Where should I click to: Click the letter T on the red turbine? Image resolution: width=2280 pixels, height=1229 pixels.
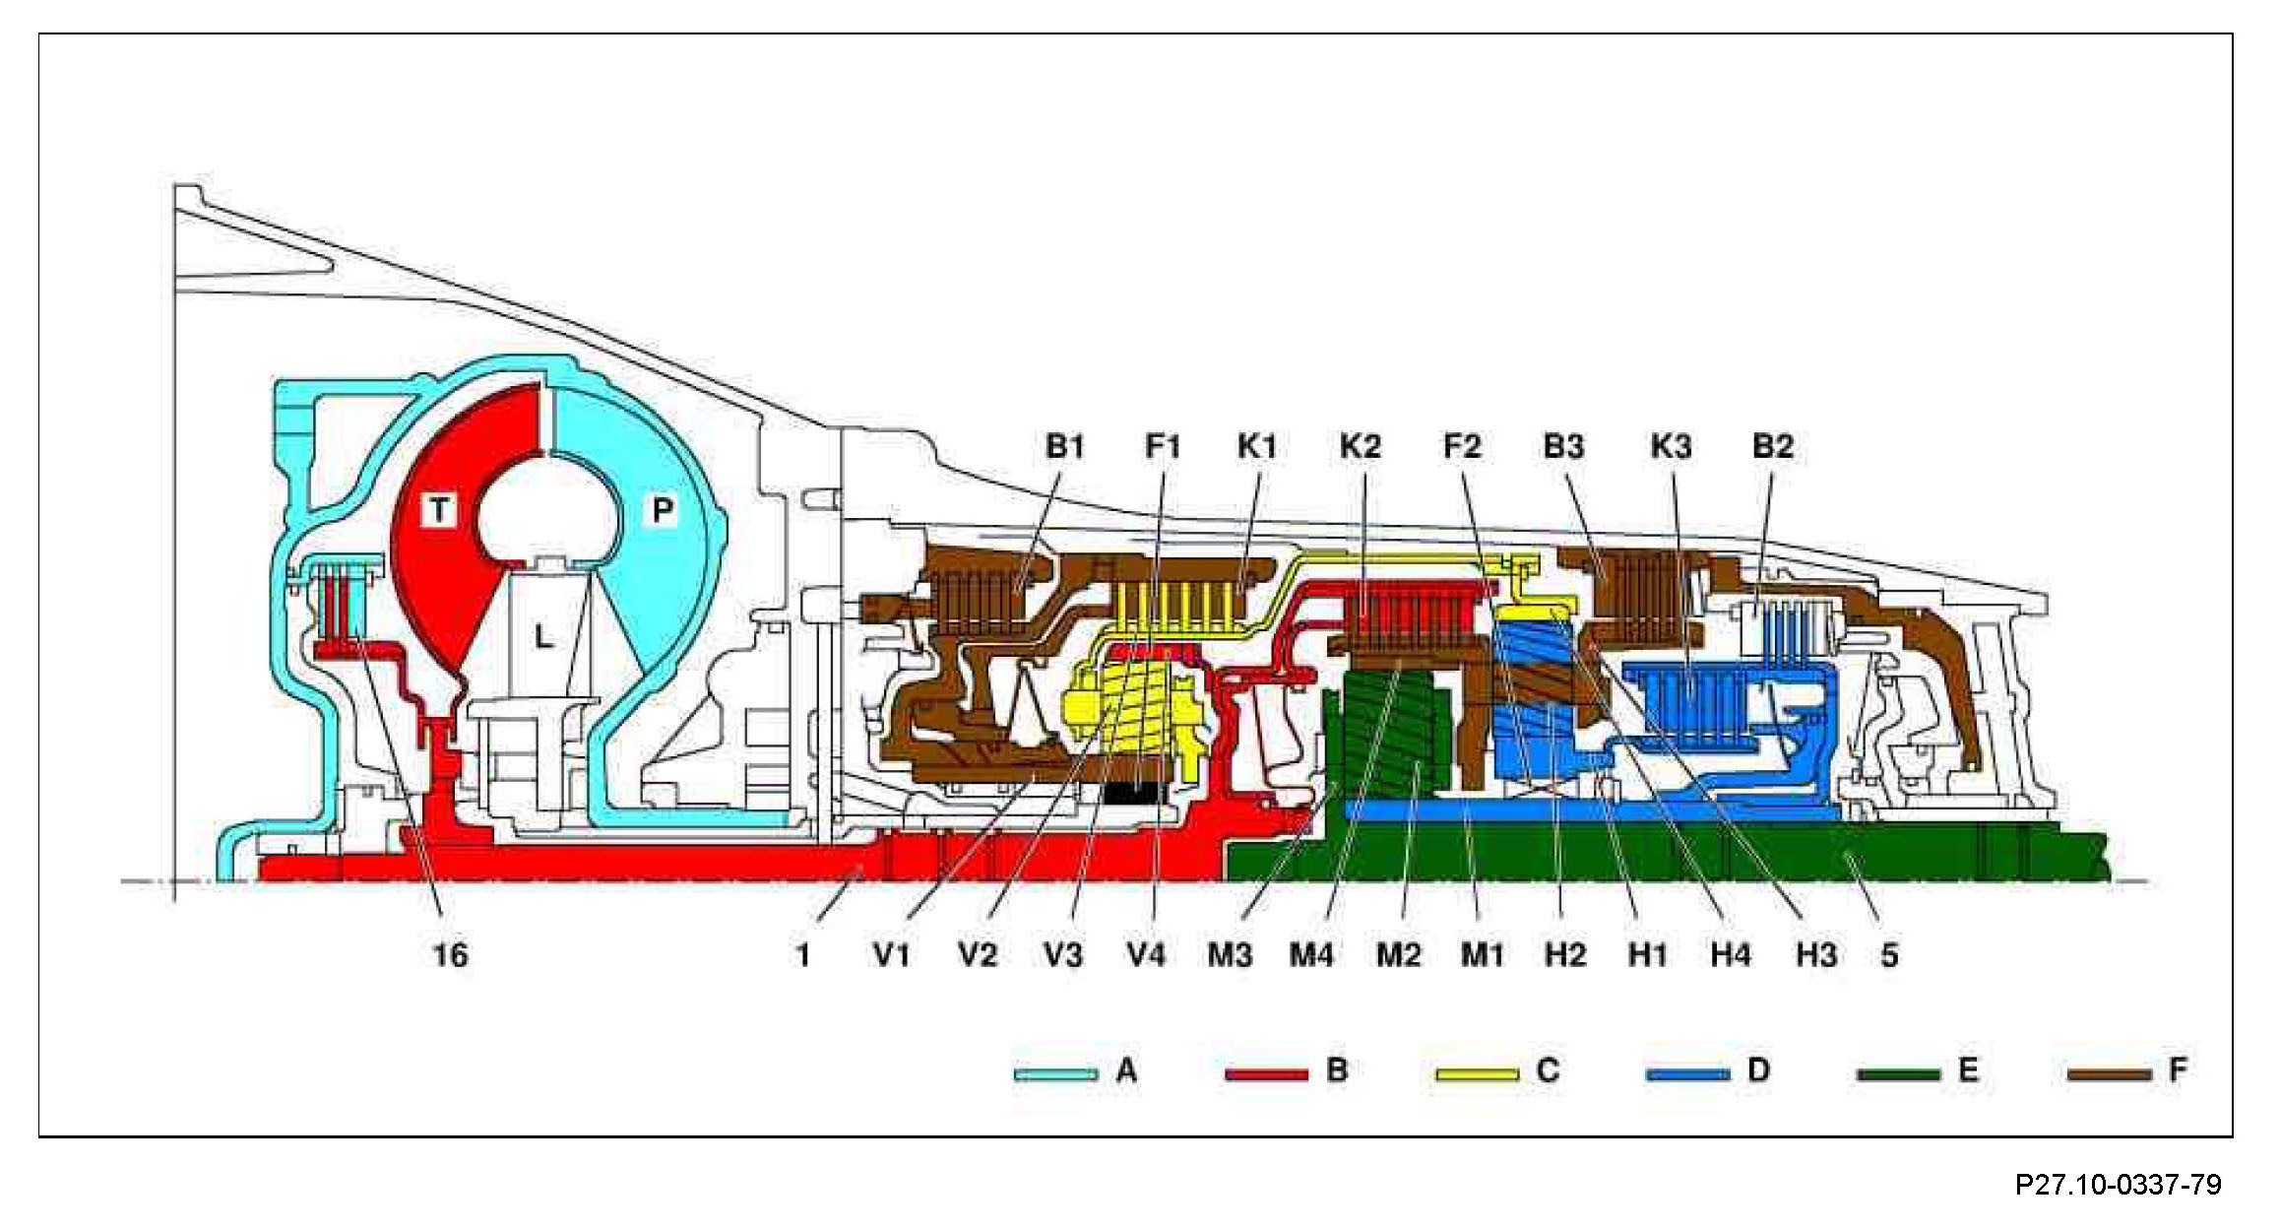pyautogui.click(x=438, y=510)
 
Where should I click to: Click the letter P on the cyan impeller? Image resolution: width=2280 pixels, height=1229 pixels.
pyautogui.click(x=663, y=510)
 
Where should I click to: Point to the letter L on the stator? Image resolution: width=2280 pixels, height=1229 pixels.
pyautogui.click(x=543, y=636)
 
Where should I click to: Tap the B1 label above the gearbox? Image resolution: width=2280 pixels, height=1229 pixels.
pyautogui.click(x=1064, y=446)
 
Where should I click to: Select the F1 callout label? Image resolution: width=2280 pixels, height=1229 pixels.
pyautogui.click(x=1162, y=446)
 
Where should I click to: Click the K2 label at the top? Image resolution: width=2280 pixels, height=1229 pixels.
pyautogui.click(x=1360, y=446)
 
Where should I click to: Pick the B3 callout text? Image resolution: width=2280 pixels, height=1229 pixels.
pyautogui.click(x=1563, y=446)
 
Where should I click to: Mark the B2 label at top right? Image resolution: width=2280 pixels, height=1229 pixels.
pyautogui.click(x=1773, y=446)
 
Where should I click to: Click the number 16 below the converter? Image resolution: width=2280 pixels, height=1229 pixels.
pyautogui.click(x=450, y=954)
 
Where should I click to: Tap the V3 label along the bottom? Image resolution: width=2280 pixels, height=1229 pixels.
pyautogui.click(x=1062, y=954)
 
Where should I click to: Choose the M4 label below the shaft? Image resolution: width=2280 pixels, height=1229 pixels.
pyautogui.click(x=1311, y=954)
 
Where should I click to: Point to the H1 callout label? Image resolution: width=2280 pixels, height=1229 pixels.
pyautogui.click(x=1647, y=954)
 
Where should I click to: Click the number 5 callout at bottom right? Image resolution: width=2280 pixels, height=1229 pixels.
pyautogui.click(x=1888, y=954)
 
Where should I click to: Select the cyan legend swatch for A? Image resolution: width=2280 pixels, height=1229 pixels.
pyautogui.click(x=1055, y=1073)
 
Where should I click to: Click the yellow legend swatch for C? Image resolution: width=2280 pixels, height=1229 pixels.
pyautogui.click(x=1476, y=1073)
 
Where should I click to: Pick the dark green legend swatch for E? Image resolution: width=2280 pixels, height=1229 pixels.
pyautogui.click(x=1897, y=1073)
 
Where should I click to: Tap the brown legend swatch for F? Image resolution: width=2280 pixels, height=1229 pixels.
pyautogui.click(x=2108, y=1073)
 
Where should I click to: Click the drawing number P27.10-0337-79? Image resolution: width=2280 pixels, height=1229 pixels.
pyautogui.click(x=2118, y=1184)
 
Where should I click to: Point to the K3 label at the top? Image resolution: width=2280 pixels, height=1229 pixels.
pyautogui.click(x=1671, y=446)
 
